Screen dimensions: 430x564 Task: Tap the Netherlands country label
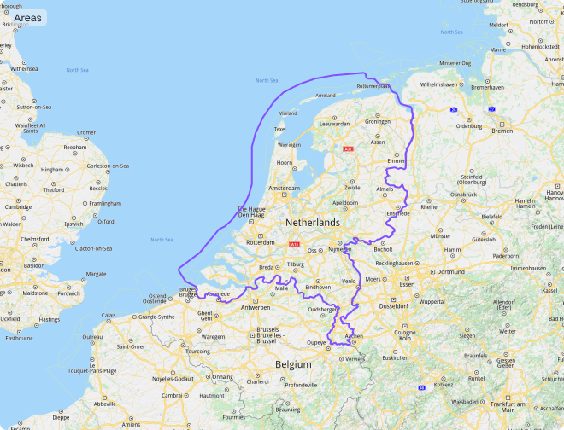(312, 222)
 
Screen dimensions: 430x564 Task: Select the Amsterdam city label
(284, 188)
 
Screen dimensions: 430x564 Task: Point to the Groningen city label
(377, 121)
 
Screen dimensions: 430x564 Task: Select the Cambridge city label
(18, 206)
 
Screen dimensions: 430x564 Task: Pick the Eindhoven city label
(318, 288)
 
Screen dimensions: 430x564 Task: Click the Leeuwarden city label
(335, 124)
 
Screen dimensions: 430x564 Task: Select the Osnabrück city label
(465, 195)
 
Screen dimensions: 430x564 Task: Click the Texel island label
(279, 129)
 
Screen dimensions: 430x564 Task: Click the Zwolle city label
(351, 187)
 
